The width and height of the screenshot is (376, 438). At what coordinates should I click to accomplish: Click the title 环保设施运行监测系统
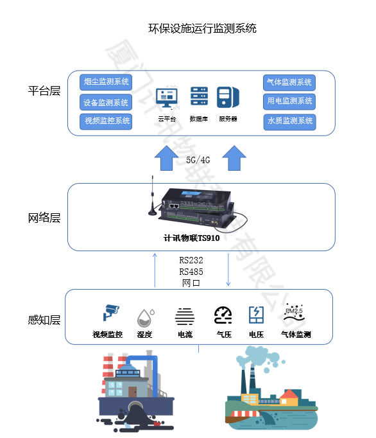click(x=202, y=28)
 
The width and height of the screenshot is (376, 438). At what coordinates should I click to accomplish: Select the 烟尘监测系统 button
click(x=106, y=82)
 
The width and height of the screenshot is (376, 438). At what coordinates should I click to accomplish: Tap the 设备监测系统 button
click(x=106, y=102)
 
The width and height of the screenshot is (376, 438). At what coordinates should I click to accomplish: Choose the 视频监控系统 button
click(x=106, y=121)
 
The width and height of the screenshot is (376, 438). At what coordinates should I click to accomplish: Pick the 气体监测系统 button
click(x=289, y=82)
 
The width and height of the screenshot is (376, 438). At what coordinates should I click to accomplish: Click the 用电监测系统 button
click(x=289, y=101)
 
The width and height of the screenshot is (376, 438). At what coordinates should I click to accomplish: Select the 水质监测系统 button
click(x=289, y=121)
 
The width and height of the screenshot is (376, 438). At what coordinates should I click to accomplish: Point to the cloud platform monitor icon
click(x=167, y=98)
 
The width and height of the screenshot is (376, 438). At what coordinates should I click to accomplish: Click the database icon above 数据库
click(x=199, y=96)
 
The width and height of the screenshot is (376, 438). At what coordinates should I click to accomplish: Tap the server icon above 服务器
click(x=228, y=97)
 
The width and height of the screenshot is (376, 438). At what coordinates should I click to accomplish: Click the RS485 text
click(x=191, y=272)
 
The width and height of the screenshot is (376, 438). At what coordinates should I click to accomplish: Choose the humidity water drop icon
click(x=144, y=317)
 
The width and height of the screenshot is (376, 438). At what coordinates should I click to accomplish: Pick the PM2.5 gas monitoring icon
click(x=294, y=313)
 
